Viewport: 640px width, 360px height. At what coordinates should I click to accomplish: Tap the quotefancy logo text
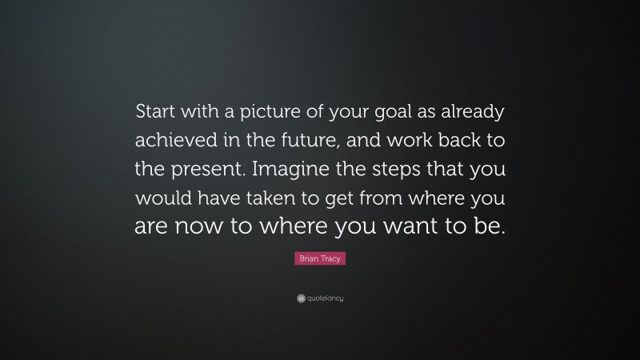click(324, 298)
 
